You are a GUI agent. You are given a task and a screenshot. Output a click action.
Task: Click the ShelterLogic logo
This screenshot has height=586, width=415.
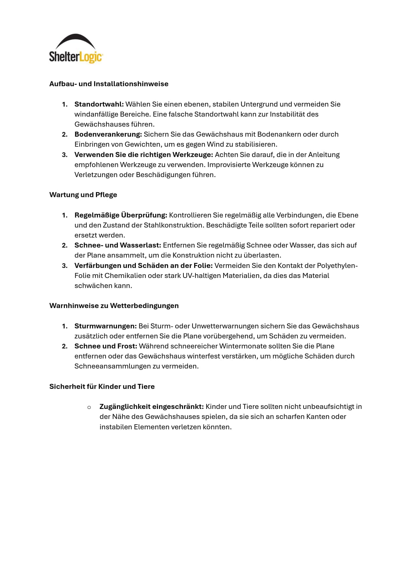coord(76,49)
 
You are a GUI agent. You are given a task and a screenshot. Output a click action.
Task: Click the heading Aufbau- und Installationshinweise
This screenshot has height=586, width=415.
coord(109,84)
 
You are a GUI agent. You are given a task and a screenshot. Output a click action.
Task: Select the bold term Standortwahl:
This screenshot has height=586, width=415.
coord(99,104)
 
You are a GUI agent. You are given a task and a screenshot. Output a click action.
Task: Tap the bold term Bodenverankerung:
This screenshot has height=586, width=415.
coord(108,134)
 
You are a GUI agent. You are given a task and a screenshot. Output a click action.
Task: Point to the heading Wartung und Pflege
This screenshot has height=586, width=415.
coord(83,195)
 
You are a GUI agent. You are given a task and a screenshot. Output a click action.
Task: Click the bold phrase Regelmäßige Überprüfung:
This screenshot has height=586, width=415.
coord(120,215)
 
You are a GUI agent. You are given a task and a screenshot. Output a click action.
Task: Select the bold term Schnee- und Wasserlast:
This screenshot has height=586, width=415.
coord(118,245)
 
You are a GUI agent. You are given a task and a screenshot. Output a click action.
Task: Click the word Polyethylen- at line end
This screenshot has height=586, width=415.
coord(337,266)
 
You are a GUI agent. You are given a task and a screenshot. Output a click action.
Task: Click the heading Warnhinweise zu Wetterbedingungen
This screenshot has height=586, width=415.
coord(114,306)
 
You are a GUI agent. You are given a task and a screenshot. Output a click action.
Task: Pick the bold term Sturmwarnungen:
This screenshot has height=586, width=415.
coord(105,326)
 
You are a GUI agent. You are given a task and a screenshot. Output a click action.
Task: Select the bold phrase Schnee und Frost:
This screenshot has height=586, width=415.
coord(106,346)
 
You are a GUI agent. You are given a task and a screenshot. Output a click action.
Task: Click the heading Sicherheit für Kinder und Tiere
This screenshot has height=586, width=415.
coord(102,387)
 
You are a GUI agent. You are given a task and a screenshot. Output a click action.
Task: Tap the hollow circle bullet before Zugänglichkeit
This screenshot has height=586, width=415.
coord(89,407)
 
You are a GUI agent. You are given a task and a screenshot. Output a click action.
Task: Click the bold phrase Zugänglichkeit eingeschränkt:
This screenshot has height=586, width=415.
coord(151,407)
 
